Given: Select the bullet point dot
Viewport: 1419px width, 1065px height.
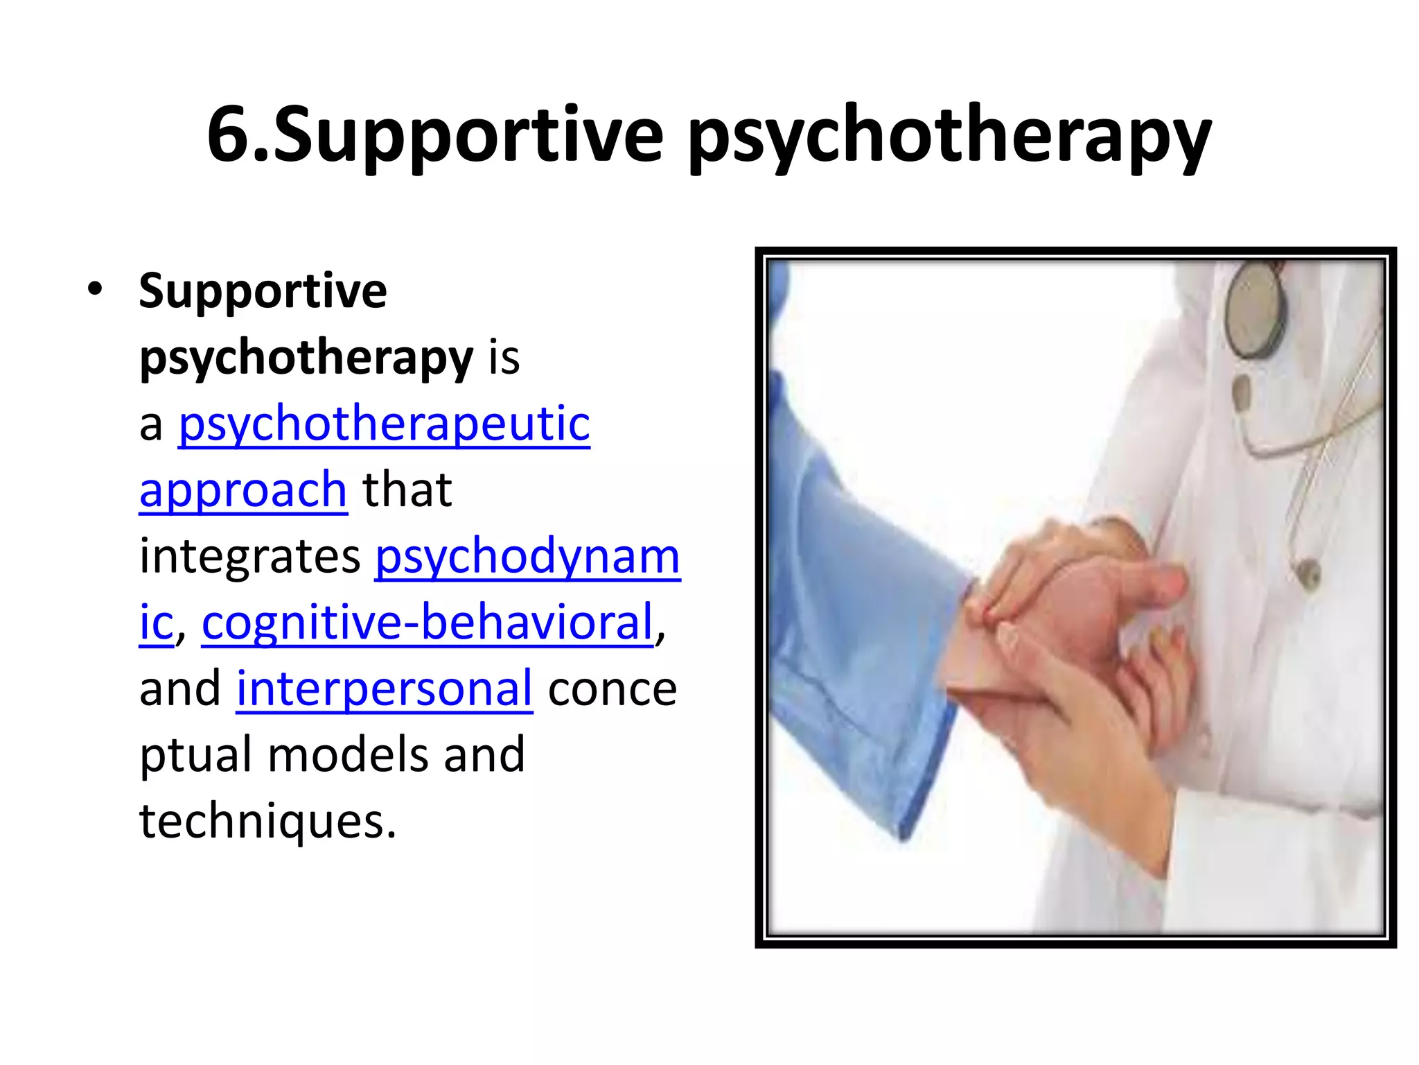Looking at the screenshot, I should [95, 289].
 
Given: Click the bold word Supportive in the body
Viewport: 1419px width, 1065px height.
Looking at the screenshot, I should [263, 291].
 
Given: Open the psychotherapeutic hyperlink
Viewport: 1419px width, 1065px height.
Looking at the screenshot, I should [384, 424].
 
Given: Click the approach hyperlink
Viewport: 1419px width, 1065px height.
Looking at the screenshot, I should [243, 490].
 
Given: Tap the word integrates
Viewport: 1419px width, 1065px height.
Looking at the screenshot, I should [249, 556].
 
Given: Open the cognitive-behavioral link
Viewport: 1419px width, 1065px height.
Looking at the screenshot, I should [428, 622].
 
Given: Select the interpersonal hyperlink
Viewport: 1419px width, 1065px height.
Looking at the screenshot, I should [385, 689].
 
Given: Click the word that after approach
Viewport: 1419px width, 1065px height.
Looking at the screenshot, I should [407, 490].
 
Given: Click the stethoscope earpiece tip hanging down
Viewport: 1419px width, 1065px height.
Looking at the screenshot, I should [1307, 573].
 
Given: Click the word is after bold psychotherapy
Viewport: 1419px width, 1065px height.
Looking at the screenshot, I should [504, 358].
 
